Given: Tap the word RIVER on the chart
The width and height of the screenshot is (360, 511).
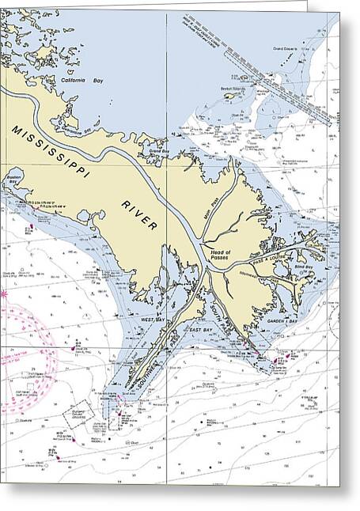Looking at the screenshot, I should [x=138, y=212].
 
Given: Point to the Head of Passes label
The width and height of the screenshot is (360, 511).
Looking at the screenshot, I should [x=221, y=255].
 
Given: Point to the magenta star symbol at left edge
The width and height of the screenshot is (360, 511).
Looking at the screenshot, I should [x=3, y=293].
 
